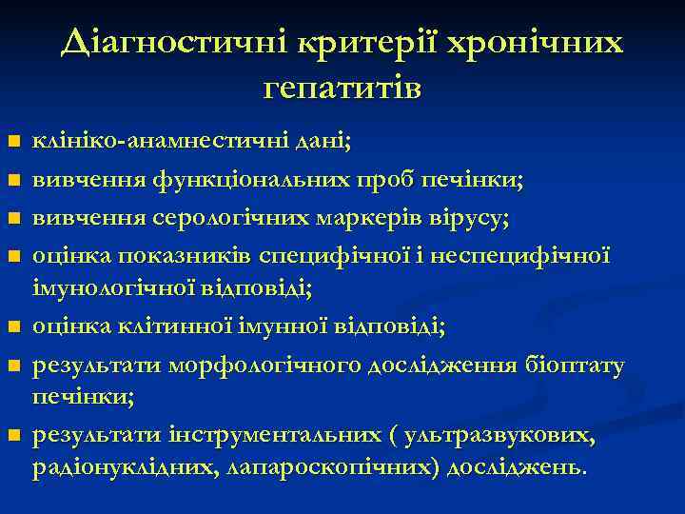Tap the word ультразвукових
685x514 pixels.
(499, 437)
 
